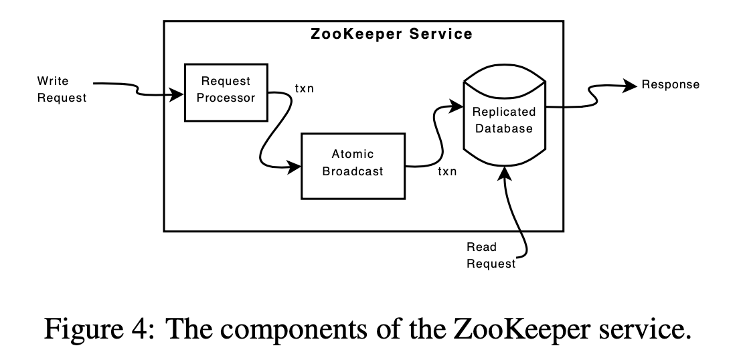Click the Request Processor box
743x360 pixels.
tap(226, 92)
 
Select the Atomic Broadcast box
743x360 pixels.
tap(353, 165)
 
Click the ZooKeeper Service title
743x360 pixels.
tap(392, 34)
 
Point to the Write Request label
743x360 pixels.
tap(62, 90)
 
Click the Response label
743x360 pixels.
tap(670, 85)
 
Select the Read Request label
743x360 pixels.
tap(491, 255)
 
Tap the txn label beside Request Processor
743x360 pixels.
tap(305, 89)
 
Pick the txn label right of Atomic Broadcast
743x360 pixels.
tap(447, 172)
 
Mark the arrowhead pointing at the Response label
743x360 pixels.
tap(629, 85)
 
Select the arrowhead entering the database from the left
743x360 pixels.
tap(458, 105)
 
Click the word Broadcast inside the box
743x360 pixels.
tap(353, 171)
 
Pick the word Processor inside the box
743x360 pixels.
tap(226, 98)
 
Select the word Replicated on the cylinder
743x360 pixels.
tap(504, 112)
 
